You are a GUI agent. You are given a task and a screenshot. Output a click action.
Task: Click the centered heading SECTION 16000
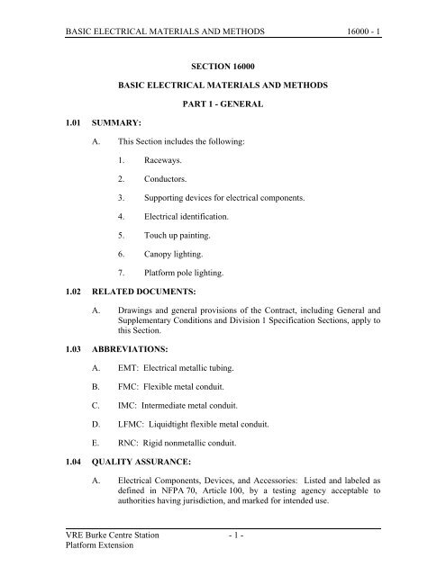pos(223,66)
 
